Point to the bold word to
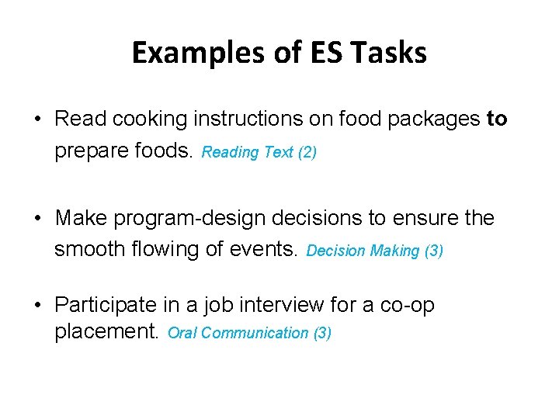coord(496,119)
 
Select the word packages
coord(438,119)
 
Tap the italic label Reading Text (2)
coord(259,152)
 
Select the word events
coord(261,251)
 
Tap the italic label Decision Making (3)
coord(375,252)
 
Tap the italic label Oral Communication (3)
coord(249,334)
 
